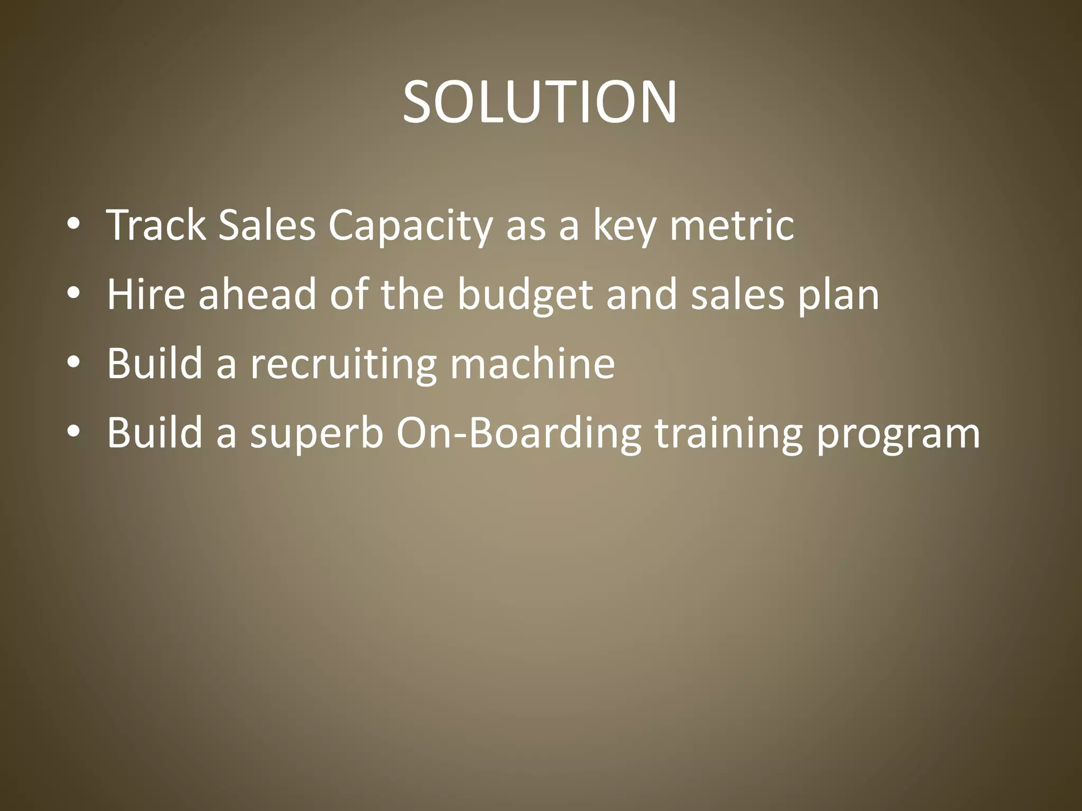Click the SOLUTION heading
(539, 102)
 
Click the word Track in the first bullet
(156, 225)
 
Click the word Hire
(146, 294)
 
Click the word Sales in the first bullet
(267, 225)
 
